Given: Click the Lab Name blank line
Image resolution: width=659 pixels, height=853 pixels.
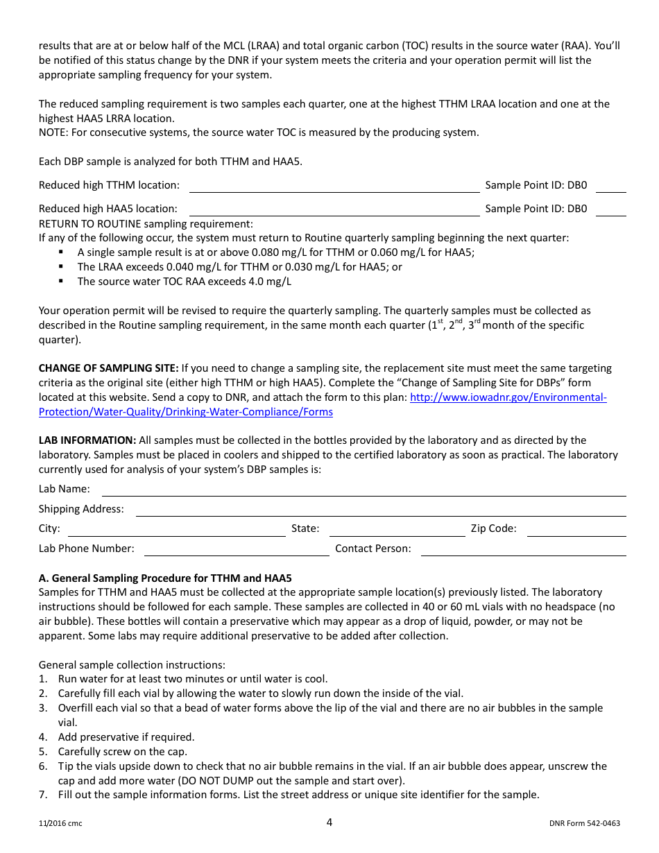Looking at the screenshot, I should (x=363, y=490).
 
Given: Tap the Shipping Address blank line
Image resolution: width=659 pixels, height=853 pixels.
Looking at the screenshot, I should (x=380, y=510).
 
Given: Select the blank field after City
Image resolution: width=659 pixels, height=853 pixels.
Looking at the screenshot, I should (x=176, y=530).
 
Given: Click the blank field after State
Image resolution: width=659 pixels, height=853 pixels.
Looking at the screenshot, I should (x=397, y=530).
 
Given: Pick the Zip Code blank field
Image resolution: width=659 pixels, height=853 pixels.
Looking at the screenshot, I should (x=576, y=530).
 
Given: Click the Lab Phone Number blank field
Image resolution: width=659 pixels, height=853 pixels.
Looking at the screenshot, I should (x=236, y=550).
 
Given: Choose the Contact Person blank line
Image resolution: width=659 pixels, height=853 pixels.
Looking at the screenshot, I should (x=523, y=550).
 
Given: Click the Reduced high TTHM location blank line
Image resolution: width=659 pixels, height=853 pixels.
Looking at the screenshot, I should (x=334, y=186).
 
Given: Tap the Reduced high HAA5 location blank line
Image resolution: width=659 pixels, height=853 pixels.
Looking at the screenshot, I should (x=334, y=209).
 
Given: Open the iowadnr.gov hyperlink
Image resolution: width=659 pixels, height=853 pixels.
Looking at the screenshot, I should (x=508, y=397).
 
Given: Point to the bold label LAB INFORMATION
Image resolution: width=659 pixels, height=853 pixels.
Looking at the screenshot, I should (x=87, y=440).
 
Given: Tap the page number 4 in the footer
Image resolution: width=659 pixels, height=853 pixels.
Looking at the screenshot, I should (x=329, y=822).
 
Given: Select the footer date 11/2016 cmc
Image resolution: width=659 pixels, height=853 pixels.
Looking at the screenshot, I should (x=60, y=824).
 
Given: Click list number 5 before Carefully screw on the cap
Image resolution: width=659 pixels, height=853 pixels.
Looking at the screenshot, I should (x=43, y=752).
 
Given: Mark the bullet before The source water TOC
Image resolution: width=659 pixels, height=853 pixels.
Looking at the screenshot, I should (x=61, y=281).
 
